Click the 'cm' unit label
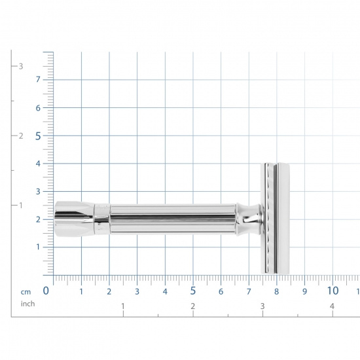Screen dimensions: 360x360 (x=26, y=292)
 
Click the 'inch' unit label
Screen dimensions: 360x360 (x=27, y=304)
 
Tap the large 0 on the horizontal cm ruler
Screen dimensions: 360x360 (x=46, y=291)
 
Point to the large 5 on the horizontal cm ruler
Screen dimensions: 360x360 (x=193, y=291)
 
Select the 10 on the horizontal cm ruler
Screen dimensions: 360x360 (x=333, y=291)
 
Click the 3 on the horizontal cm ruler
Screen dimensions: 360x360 (x=137, y=291)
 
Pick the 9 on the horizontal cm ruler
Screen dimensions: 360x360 (x=304, y=291)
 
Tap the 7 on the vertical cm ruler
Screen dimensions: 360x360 (x=38, y=79)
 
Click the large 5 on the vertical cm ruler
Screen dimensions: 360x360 (x=38, y=136)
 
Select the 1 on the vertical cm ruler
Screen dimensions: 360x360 (x=38, y=247)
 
